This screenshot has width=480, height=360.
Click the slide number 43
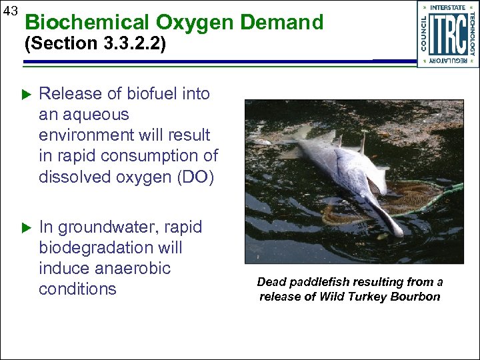click(x=11, y=11)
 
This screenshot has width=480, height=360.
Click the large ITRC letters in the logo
click(x=448, y=34)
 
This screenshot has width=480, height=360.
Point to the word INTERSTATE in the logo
click(x=448, y=7)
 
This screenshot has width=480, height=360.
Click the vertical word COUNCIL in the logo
click(x=425, y=33)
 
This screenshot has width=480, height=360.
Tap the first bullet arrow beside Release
click(x=27, y=95)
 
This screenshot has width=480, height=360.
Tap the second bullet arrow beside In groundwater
click(x=27, y=228)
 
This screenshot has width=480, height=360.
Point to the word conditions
click(x=78, y=289)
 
